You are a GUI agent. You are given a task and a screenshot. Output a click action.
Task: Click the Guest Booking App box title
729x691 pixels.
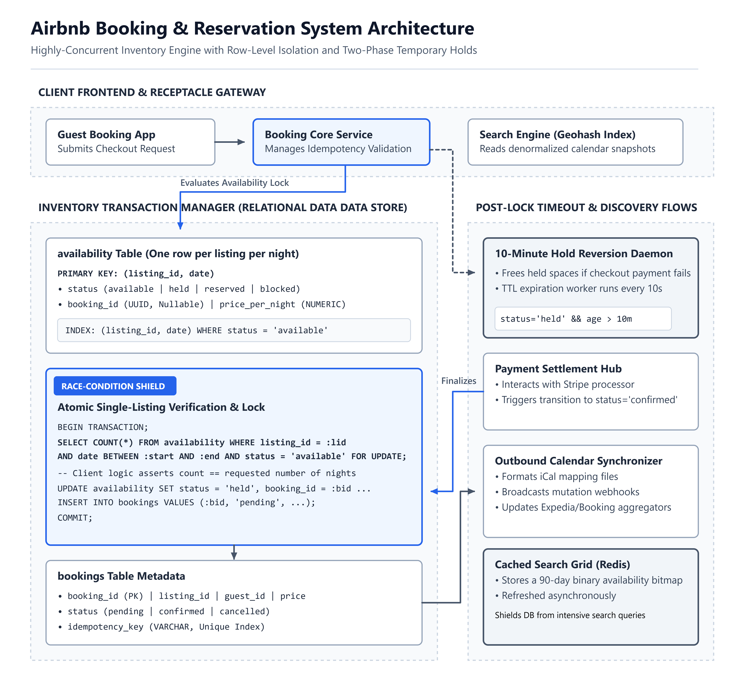tap(106, 135)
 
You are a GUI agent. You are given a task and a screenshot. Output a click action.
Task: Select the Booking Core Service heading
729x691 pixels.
tap(318, 135)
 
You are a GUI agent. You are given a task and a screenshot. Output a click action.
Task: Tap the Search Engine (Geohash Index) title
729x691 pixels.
tap(557, 135)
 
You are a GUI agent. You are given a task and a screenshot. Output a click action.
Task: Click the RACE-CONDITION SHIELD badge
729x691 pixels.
tap(115, 386)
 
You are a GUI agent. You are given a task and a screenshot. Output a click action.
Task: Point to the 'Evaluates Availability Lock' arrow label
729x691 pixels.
tap(235, 183)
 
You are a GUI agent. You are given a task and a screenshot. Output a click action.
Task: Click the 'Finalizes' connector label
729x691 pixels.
tap(459, 381)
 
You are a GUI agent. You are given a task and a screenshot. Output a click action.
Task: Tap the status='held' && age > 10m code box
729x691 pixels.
tap(583, 319)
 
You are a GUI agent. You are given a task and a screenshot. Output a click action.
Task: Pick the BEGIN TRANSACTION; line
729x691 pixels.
tap(103, 427)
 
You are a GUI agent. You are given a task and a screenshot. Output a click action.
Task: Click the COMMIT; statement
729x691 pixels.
tap(75, 518)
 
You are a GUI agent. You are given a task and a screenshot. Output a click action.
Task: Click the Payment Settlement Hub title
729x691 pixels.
tap(558, 369)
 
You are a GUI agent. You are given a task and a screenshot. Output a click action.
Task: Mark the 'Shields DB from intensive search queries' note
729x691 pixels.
tap(570, 615)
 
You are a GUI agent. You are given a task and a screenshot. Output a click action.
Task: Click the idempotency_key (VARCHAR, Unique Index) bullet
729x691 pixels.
tap(161, 627)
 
